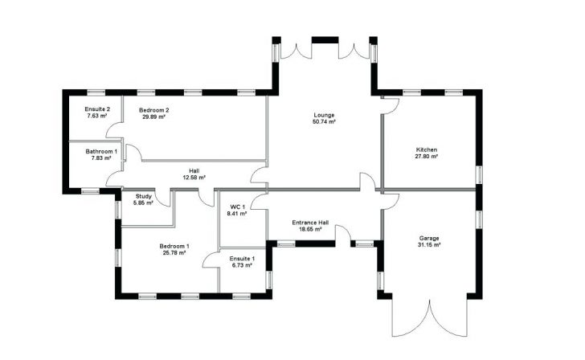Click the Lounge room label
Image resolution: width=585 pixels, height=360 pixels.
[x=324, y=115]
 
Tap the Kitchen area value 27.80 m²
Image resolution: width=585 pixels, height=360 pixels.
[x=426, y=157]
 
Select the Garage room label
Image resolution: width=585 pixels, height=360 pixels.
[x=429, y=237]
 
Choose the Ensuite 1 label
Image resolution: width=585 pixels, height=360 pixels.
[x=242, y=258]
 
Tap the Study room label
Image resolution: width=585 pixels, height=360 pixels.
[x=144, y=196]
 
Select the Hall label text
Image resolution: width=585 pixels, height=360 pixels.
[x=194, y=170]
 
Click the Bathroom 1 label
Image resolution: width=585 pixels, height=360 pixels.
[x=104, y=151]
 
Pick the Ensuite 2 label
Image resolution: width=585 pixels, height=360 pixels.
[x=97, y=109]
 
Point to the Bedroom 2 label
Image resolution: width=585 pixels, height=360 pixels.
[x=153, y=109]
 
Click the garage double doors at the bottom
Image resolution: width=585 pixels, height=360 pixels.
[x=429, y=321]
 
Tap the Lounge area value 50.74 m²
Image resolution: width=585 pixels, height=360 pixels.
[x=324, y=122]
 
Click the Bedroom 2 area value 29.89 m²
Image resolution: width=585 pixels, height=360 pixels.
[x=153, y=117]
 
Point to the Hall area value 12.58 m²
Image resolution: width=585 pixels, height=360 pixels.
[x=194, y=178]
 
